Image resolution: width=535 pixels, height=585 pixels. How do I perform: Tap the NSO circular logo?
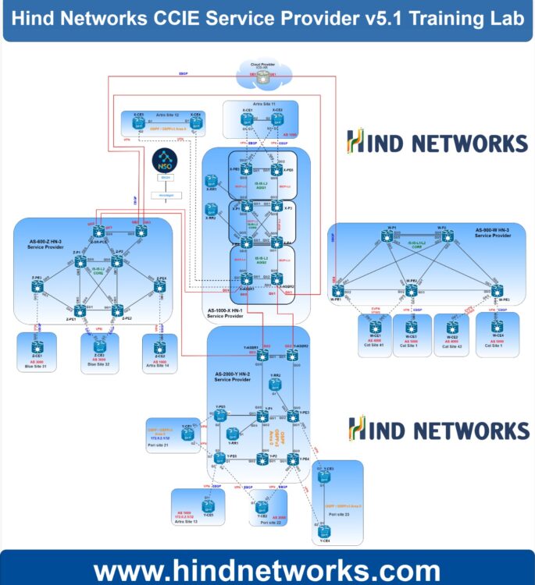[x=165, y=160]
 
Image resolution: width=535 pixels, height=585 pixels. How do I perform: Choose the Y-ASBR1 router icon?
[x=262, y=356]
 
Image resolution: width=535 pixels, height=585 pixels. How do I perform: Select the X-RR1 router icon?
[x=211, y=181]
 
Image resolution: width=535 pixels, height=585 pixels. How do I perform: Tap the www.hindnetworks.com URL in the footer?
[x=266, y=569]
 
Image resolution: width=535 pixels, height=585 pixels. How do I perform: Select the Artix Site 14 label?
[x=159, y=365]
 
